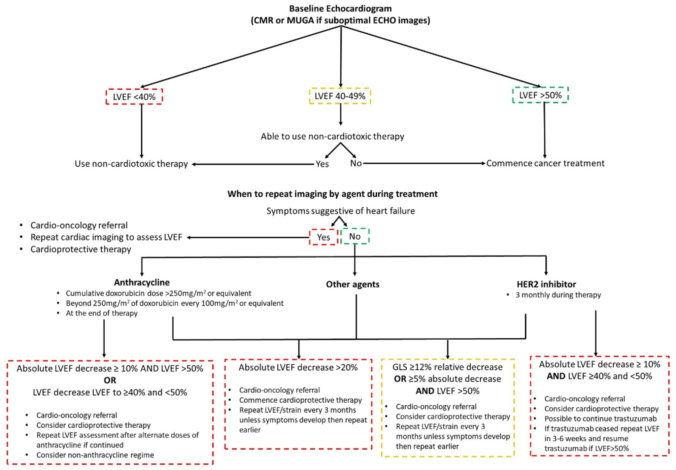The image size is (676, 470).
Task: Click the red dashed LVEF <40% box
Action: point(134,97)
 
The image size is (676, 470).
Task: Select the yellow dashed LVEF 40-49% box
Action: point(340,96)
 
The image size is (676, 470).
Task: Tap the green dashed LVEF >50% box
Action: point(540,95)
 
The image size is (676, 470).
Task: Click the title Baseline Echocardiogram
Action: point(340,9)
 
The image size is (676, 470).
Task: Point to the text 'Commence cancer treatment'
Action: point(545,163)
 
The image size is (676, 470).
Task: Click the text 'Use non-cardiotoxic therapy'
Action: point(131,164)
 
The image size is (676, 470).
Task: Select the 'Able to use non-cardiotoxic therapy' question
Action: point(332,136)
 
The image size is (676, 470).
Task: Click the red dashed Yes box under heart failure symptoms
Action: point(323,237)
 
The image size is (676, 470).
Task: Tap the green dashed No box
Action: point(355,236)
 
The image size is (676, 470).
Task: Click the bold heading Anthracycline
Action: point(142,282)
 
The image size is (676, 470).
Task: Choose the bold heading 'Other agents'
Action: point(352,284)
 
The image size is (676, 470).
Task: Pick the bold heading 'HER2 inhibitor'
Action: point(546,284)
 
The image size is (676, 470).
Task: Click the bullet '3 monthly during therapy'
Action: point(558,295)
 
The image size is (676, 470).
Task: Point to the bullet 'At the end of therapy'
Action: point(102,313)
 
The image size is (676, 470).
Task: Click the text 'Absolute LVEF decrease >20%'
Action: point(298,367)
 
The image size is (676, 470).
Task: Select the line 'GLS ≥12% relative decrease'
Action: point(447,367)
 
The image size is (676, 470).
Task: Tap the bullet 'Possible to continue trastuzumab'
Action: point(600,418)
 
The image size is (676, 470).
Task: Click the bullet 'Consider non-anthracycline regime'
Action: point(95,455)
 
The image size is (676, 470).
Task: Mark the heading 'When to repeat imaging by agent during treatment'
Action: point(332,194)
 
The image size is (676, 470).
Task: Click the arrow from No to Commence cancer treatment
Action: point(424,163)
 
